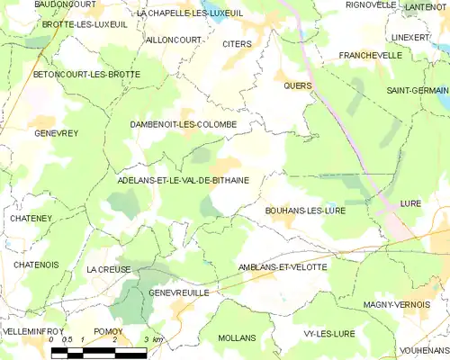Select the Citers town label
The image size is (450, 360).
[236, 43]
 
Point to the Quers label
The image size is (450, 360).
[296, 86]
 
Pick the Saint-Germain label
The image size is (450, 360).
[418, 91]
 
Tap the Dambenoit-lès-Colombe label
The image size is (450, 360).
[183, 124]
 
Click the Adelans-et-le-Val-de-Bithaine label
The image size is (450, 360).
[183, 180]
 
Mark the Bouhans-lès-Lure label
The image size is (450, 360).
[306, 210]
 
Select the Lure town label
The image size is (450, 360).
[411, 204]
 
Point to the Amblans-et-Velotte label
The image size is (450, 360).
[282, 267]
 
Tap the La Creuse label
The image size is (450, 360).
[108, 269]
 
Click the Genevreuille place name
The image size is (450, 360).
[178, 293]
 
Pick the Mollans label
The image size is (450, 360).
[237, 338]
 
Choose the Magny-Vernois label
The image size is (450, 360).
[396, 305]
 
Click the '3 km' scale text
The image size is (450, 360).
[153, 339]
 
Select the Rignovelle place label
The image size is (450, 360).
[371, 4]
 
